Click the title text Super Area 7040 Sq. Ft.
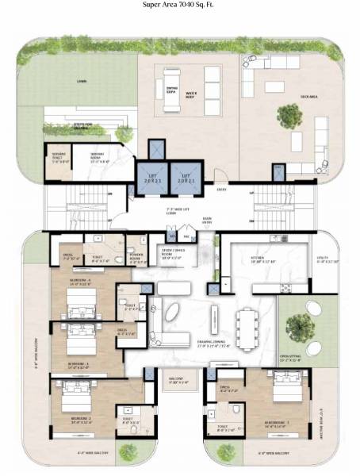179,6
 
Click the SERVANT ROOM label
99,157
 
